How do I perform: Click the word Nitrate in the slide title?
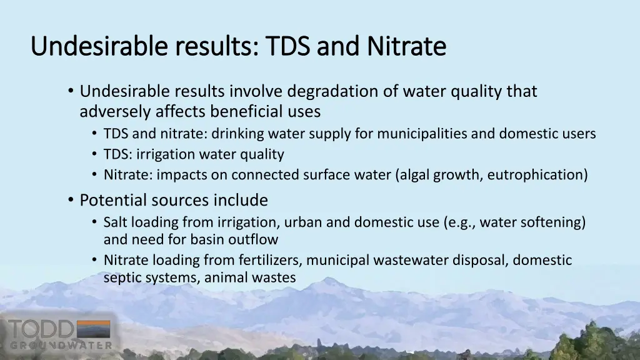(406, 46)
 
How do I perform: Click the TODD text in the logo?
(41, 329)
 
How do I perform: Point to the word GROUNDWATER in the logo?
(61, 346)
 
